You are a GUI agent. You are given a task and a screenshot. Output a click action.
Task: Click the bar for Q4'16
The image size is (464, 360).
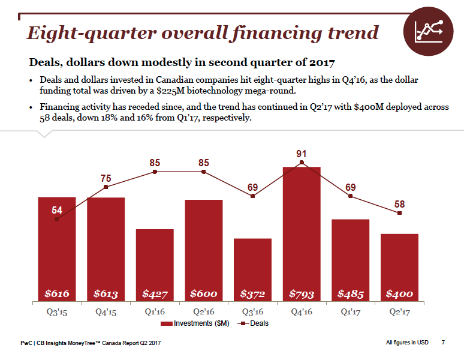(x=302, y=234)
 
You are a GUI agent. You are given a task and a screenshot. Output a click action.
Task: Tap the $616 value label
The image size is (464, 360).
(x=57, y=294)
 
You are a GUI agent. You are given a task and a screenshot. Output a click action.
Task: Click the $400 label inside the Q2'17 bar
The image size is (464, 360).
(x=399, y=294)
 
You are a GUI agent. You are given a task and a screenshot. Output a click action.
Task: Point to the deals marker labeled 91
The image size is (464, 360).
(x=302, y=162)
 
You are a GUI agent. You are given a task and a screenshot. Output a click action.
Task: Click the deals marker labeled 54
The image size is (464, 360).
(x=57, y=219)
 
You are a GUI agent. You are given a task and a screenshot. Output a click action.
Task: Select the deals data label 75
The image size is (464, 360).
(x=106, y=178)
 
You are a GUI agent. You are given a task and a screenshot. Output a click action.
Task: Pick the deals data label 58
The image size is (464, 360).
(x=399, y=204)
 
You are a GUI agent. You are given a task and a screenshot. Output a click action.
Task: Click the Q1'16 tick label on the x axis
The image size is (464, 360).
(x=155, y=312)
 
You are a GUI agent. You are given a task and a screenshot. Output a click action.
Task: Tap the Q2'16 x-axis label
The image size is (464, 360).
(x=204, y=312)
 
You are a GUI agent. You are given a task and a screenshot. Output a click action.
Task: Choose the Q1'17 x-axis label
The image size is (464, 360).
(x=351, y=312)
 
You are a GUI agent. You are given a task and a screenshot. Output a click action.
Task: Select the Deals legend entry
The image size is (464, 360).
(x=254, y=323)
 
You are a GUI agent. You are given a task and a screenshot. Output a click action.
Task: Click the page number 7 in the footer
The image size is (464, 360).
(x=443, y=343)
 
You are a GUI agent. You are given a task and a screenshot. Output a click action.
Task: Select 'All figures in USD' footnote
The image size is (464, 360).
(x=407, y=343)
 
